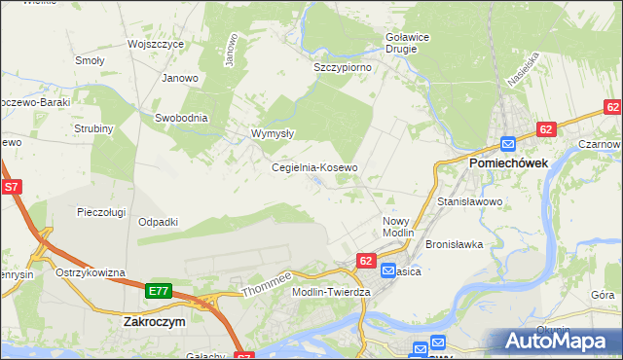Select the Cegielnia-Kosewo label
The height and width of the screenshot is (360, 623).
point(314,167)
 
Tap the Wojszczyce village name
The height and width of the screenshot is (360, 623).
point(155,45)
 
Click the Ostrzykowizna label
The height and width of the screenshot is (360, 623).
point(91,272)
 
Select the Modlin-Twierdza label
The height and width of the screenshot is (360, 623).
point(332,292)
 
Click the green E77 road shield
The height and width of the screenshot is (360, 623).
point(160,290)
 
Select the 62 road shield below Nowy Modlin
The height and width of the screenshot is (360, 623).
point(366,261)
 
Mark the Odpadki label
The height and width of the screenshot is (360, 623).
point(158,222)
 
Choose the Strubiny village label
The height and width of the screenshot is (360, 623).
point(93,128)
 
